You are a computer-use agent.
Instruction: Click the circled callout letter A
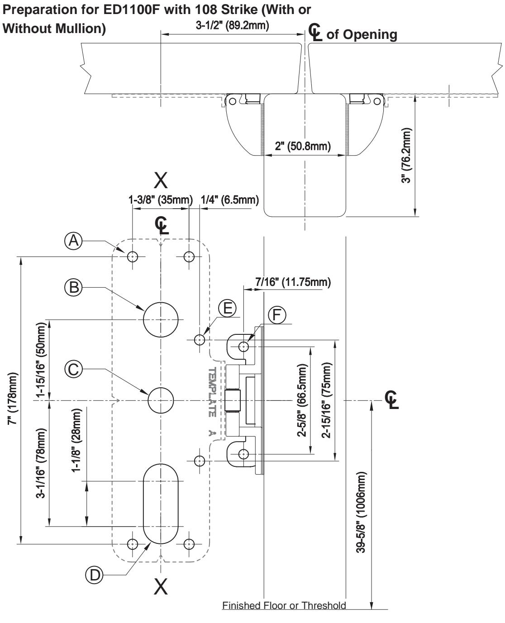(73, 241)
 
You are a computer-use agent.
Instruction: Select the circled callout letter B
(73, 287)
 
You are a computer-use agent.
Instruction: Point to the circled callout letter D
(94, 575)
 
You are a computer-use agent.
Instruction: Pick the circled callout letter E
(227, 308)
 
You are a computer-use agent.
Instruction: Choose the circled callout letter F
(277, 315)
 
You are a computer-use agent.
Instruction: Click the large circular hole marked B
(161, 319)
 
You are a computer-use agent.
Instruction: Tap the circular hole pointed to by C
(161, 400)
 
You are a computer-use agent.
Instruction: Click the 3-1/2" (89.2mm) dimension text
(232, 25)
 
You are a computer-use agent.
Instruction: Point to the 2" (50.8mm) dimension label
(303, 146)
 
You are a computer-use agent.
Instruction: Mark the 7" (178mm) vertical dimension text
(13, 399)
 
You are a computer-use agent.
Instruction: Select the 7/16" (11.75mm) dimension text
(293, 282)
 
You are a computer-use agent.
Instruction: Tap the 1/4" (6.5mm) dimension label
(230, 200)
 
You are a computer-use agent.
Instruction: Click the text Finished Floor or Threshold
(284, 605)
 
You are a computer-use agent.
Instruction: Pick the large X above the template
(161, 180)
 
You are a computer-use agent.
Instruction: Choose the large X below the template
(161, 586)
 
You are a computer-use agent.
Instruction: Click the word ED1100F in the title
(132, 10)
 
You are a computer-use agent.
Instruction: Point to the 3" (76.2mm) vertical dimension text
(406, 155)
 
